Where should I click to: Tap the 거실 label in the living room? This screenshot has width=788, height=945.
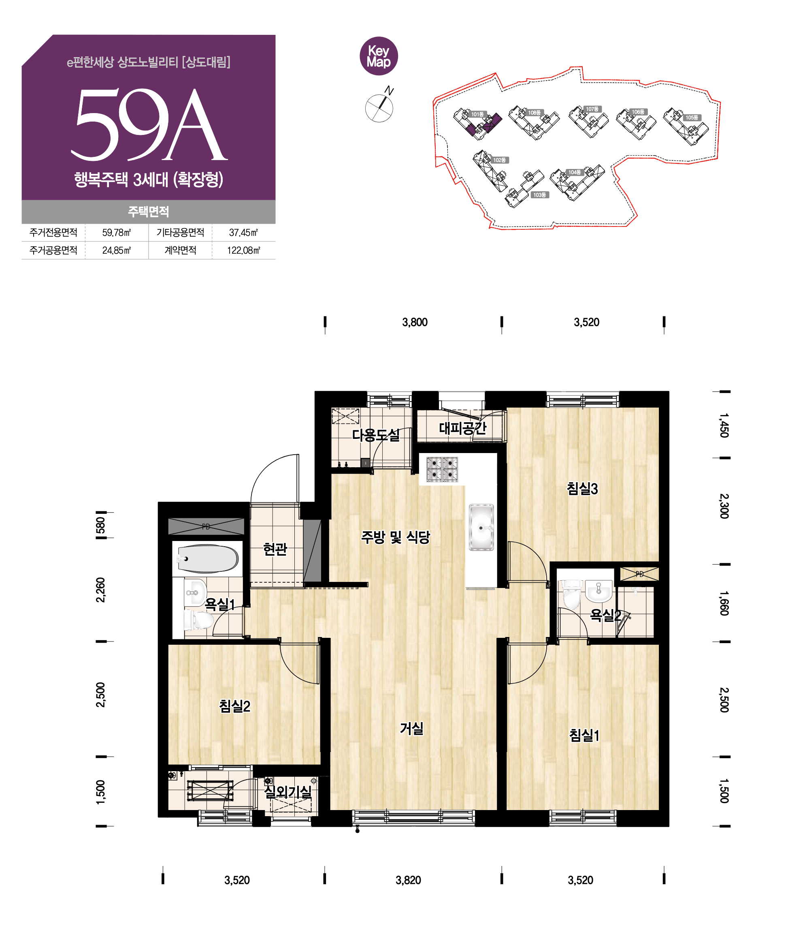tap(411, 728)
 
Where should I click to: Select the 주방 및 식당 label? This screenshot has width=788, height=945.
tap(395, 537)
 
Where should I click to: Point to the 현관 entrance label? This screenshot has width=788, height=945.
tap(275, 549)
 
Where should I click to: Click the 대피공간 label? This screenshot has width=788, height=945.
tap(462, 428)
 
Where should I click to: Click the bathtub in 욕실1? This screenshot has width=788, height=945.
tap(207, 558)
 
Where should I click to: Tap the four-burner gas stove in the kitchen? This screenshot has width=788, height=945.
tap(442, 469)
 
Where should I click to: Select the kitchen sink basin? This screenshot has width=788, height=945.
tap(481, 527)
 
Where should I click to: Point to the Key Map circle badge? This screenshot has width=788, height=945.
tap(379, 56)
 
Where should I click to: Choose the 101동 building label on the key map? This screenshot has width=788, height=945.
tap(477, 114)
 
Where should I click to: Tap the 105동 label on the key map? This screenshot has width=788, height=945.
tap(692, 118)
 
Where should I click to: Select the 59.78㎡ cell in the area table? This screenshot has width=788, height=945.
tap(117, 233)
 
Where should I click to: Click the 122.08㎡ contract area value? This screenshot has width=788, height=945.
tap(243, 250)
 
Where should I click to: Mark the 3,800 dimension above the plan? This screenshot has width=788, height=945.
tap(415, 322)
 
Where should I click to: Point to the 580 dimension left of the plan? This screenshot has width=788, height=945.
tap(101, 525)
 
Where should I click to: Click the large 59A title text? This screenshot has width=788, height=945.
tap(149, 124)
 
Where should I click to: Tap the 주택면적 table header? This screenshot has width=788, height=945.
tap(149, 212)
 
